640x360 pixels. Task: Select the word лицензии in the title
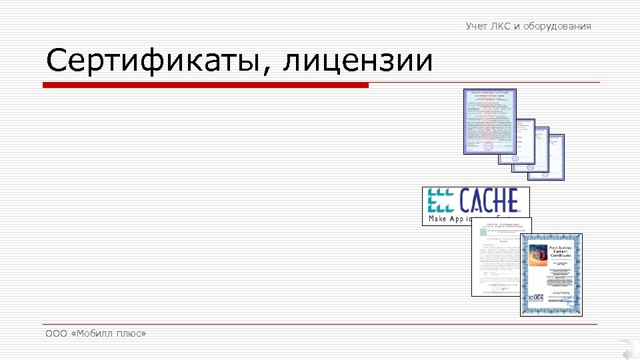pyautogui.click(x=358, y=61)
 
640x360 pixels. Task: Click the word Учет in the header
pyautogui.click(x=477, y=26)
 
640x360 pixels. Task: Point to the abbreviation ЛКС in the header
pyautogui.click(x=501, y=26)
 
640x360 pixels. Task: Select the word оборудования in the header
pyautogui.click(x=557, y=26)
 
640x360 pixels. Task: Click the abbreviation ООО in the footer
pyautogui.click(x=56, y=333)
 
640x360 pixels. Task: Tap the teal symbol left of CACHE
pyautogui.click(x=441, y=201)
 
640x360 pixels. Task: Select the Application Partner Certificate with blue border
pyautogui.click(x=551, y=275)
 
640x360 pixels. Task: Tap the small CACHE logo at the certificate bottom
pyautogui.click(x=538, y=297)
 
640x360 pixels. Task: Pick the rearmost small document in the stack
pyautogui.click(x=555, y=157)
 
